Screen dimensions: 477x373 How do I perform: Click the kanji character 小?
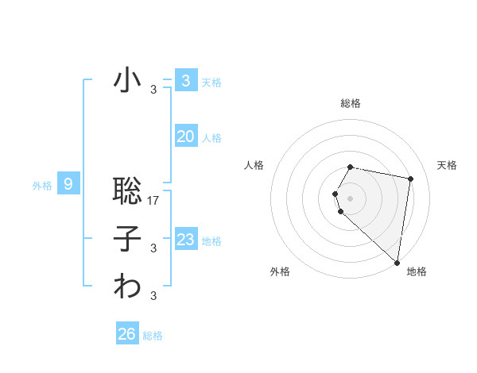tap(128, 81)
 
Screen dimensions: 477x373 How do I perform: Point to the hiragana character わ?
tap(128, 286)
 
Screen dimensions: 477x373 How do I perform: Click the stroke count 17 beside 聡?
tap(154, 201)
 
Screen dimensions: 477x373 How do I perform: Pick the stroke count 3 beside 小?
tap(153, 90)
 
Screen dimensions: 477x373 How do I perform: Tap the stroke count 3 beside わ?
tap(153, 296)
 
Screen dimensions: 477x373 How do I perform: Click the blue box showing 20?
tap(185, 137)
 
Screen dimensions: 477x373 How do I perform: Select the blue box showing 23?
tap(185, 239)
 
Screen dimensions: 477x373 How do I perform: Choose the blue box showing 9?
tap(68, 185)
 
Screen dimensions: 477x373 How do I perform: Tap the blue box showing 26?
tap(126, 334)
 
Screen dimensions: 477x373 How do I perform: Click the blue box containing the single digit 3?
tap(185, 81)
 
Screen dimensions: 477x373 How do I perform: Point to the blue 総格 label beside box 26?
tap(153, 336)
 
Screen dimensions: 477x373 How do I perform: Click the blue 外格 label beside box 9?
tap(42, 186)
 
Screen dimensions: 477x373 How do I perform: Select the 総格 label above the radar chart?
tap(351, 103)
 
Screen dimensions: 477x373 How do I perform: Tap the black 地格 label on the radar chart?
tap(417, 271)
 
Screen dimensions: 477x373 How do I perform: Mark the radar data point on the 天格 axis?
tap(410, 179)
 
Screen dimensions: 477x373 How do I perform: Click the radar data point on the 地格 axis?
tap(397, 262)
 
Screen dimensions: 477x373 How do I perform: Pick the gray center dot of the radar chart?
tap(351, 198)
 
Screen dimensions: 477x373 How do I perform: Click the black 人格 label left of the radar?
tap(254, 165)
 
